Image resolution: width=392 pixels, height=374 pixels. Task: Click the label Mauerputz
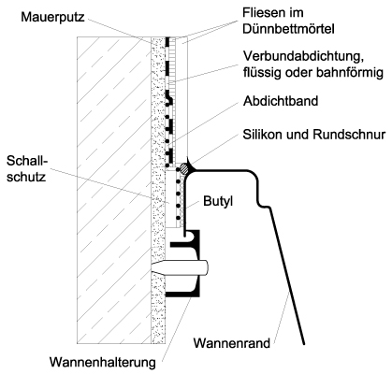pyautogui.click(x=52, y=17)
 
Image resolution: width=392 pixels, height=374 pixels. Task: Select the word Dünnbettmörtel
pyautogui.click(x=288, y=29)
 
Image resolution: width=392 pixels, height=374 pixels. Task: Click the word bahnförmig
pyautogui.click(x=350, y=73)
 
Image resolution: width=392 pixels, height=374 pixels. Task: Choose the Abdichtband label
pyautogui.click(x=281, y=101)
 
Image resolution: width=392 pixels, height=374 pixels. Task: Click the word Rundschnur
pyautogui.click(x=349, y=135)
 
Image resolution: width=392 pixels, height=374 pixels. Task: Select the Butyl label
pyautogui.click(x=218, y=201)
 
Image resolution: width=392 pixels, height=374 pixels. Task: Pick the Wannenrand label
pyautogui.click(x=232, y=343)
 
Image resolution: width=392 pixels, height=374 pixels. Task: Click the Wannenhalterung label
pyautogui.click(x=103, y=362)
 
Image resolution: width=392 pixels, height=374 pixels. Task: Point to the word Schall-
pyautogui.click(x=27, y=161)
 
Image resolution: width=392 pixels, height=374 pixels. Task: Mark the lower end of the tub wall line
pyautogui.click(x=303, y=344)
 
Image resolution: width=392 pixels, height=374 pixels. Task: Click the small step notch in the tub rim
pyautogui.click(x=264, y=207)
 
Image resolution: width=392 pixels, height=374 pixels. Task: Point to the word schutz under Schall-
pyautogui.click(x=26, y=177)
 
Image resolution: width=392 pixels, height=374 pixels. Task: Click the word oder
pyautogui.click(x=298, y=73)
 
